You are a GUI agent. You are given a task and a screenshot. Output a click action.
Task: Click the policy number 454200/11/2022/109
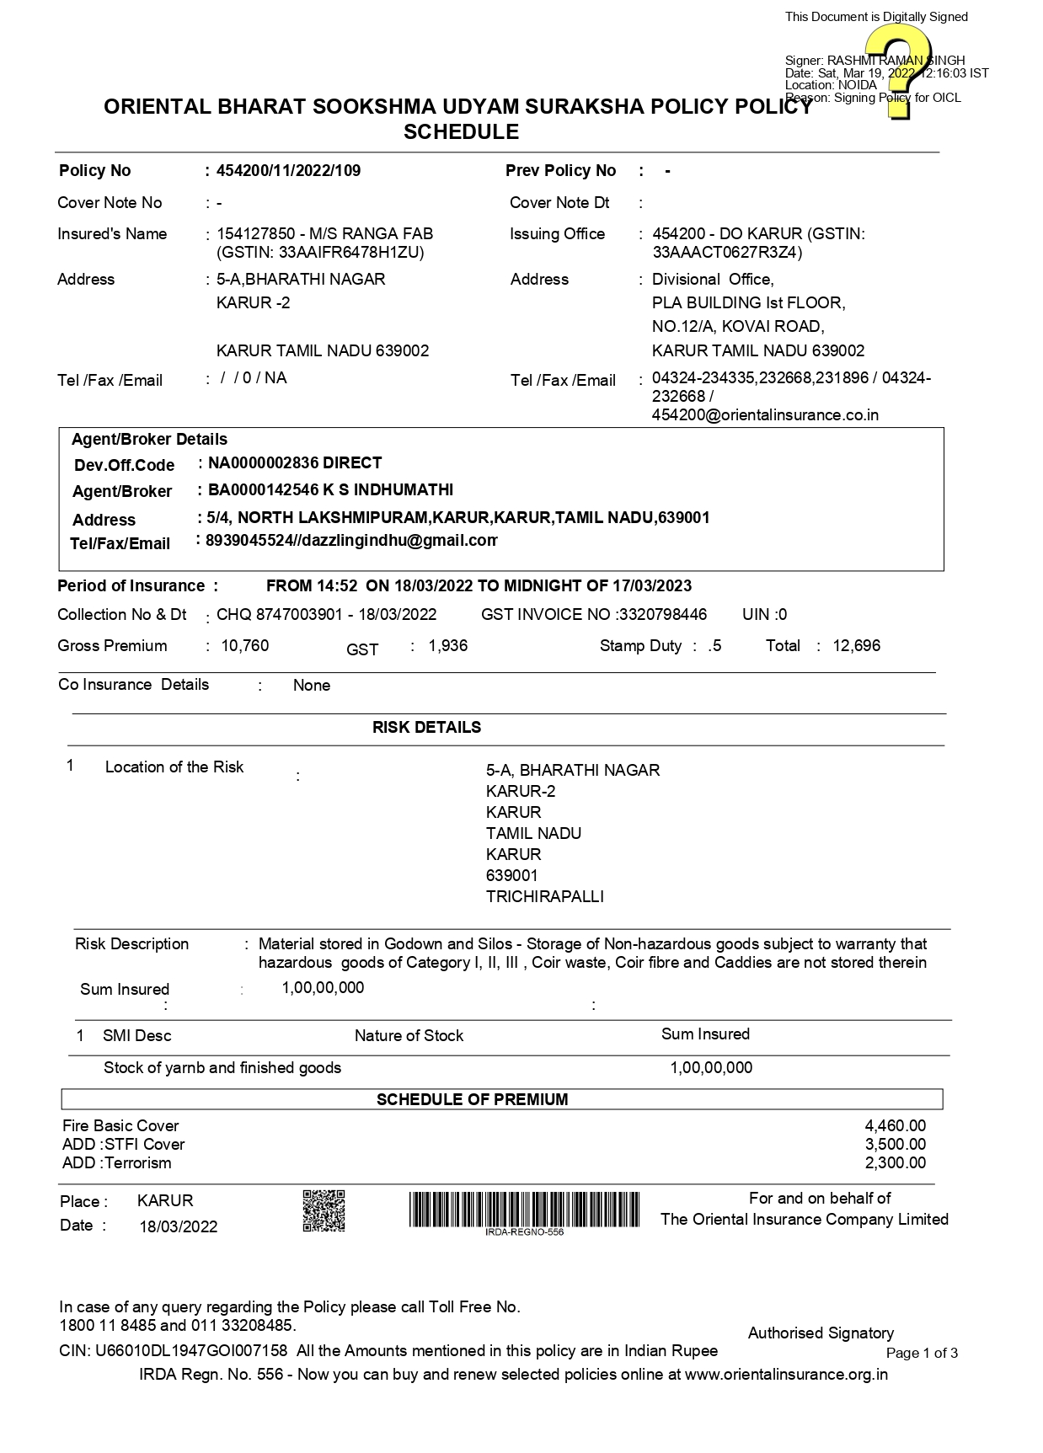pyautogui.click(x=288, y=171)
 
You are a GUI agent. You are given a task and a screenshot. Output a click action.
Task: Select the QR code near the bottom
pyautogui.click(x=324, y=1210)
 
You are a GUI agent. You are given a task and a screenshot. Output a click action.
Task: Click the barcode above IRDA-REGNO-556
pyautogui.click(x=524, y=1209)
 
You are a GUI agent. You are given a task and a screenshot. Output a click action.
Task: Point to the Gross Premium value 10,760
pyautogui.click(x=245, y=646)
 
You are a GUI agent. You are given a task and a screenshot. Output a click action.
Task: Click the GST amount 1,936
pyautogui.click(x=448, y=646)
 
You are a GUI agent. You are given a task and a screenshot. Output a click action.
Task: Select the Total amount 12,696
pyautogui.click(x=856, y=646)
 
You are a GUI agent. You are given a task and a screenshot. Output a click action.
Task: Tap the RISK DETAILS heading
pyautogui.click(x=426, y=728)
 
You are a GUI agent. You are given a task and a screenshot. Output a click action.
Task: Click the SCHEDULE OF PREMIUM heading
pyautogui.click(x=472, y=1099)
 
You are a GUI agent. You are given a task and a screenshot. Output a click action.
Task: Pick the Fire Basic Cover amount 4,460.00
pyautogui.click(x=895, y=1126)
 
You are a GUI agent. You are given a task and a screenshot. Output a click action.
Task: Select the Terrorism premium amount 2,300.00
pyautogui.click(x=895, y=1163)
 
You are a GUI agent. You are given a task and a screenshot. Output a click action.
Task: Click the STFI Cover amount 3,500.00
pyautogui.click(x=895, y=1145)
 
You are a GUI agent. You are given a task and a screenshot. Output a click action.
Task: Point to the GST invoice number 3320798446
pyautogui.click(x=663, y=615)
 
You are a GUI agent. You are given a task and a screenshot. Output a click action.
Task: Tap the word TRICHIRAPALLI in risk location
pyautogui.click(x=544, y=897)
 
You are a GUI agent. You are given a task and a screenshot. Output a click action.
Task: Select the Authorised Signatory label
pyautogui.click(x=821, y=1333)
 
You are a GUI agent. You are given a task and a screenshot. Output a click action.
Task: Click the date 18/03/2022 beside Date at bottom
pyautogui.click(x=179, y=1227)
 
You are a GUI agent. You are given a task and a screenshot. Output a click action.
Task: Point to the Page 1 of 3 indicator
pyautogui.click(x=922, y=1354)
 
